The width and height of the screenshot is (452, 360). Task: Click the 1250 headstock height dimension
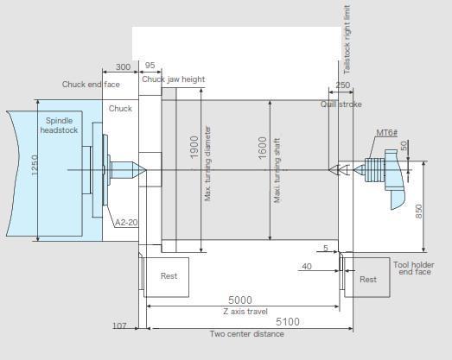tap(35, 165)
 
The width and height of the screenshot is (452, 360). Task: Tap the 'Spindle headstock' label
tap(59, 125)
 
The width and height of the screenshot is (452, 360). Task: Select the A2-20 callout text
tap(126, 223)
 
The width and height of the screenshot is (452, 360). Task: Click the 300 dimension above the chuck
tap(123, 66)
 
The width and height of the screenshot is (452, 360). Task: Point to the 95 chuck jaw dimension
tap(150, 66)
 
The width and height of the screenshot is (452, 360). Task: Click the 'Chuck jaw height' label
tap(173, 79)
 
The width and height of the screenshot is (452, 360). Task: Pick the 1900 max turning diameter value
tap(194, 147)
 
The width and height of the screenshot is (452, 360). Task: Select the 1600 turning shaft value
tap(263, 148)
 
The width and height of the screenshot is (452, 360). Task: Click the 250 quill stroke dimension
tap(343, 85)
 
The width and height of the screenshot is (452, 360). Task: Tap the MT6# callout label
tap(387, 133)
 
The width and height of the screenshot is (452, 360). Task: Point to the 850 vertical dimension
tap(418, 212)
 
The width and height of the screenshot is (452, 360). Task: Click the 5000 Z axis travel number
tap(240, 300)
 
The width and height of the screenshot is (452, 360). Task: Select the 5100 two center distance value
tap(288, 322)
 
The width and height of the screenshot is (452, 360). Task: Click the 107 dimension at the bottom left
tap(119, 325)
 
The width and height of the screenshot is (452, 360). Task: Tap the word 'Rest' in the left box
tap(169, 276)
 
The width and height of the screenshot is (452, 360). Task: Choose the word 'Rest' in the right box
tap(368, 280)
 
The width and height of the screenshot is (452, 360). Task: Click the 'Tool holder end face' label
tap(414, 268)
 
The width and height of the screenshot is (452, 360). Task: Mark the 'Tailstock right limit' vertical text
tap(347, 40)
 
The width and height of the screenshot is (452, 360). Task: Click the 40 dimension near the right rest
tap(307, 267)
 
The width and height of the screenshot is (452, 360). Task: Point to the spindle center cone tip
tap(145, 170)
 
